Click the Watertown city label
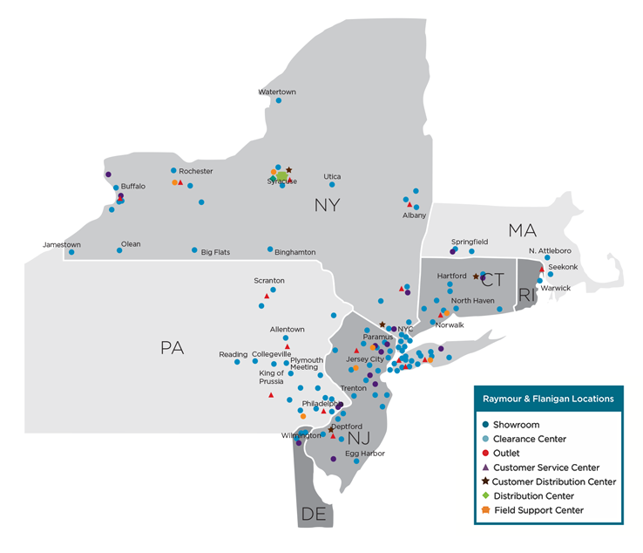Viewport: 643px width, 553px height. (277, 92)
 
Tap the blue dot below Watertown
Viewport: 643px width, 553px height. (279, 100)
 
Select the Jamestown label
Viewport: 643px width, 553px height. (62, 245)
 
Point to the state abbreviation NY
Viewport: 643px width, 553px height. (327, 206)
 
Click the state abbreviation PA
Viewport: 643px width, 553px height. (173, 348)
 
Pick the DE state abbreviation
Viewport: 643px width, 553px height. (313, 515)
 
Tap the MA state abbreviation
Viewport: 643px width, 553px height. (522, 230)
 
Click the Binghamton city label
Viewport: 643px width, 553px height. (294, 252)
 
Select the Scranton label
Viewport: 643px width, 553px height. (269, 280)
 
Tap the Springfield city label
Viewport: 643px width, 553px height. (470, 242)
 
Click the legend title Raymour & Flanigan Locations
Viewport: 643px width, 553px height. (548, 399)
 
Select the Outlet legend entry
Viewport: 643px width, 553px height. (506, 454)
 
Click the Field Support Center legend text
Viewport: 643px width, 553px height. (538, 509)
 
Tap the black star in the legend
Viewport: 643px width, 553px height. (484, 481)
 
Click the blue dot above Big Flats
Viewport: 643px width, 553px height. (195, 250)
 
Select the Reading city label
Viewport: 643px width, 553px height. (233, 354)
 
